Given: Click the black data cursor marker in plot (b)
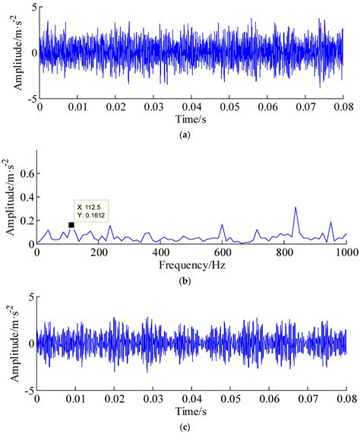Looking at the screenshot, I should coord(71,225).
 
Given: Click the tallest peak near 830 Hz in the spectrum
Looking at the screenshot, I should coord(295,207).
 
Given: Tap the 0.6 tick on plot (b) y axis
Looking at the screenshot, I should coord(25,173).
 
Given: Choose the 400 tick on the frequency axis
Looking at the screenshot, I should coord(160,252).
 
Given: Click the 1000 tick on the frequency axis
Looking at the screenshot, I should coord(346,252).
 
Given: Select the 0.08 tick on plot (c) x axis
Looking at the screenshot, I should coord(346,398).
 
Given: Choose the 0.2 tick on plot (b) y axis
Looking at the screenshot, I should coord(25,220).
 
